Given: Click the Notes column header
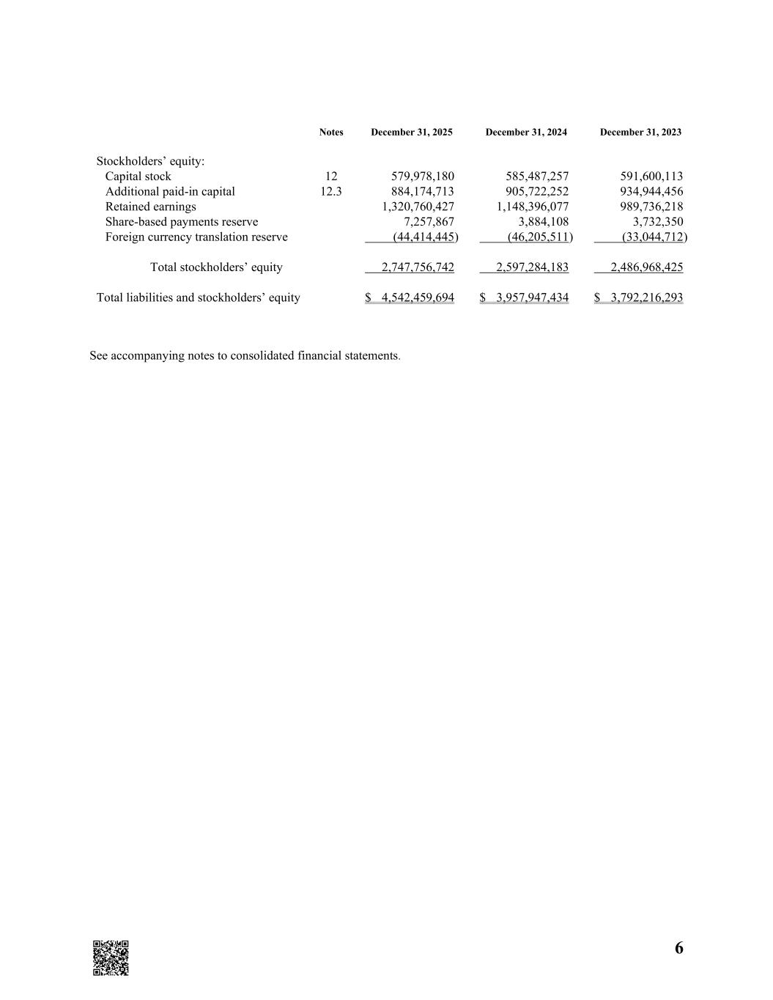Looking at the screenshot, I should click(x=331, y=133).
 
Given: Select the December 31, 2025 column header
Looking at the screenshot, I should click(x=411, y=133).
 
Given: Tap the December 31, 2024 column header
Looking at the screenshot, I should click(x=525, y=133).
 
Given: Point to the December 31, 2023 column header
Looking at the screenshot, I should click(x=640, y=133).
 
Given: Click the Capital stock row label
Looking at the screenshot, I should click(x=138, y=177).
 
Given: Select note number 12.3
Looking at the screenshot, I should click(x=331, y=192).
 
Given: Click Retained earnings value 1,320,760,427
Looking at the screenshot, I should click(x=418, y=207).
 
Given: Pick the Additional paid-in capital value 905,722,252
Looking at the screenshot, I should click(x=537, y=192).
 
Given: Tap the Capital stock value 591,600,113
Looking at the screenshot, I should click(x=651, y=177).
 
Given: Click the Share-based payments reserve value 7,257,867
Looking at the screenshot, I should click(x=429, y=222).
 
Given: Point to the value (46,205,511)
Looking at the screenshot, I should click(x=539, y=237).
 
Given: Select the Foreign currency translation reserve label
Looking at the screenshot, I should click(x=196, y=237).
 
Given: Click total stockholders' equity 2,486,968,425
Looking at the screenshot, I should click(x=646, y=267).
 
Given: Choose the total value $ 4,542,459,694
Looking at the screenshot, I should click(x=410, y=297).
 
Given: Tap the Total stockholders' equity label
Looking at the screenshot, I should click(x=216, y=267).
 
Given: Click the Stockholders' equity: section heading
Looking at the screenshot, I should click(x=150, y=161).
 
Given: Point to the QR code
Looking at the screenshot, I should click(x=111, y=958).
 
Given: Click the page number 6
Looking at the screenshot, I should click(x=678, y=948).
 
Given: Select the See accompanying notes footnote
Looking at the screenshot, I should click(x=245, y=356).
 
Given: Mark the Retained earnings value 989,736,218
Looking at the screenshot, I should click(x=651, y=207).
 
